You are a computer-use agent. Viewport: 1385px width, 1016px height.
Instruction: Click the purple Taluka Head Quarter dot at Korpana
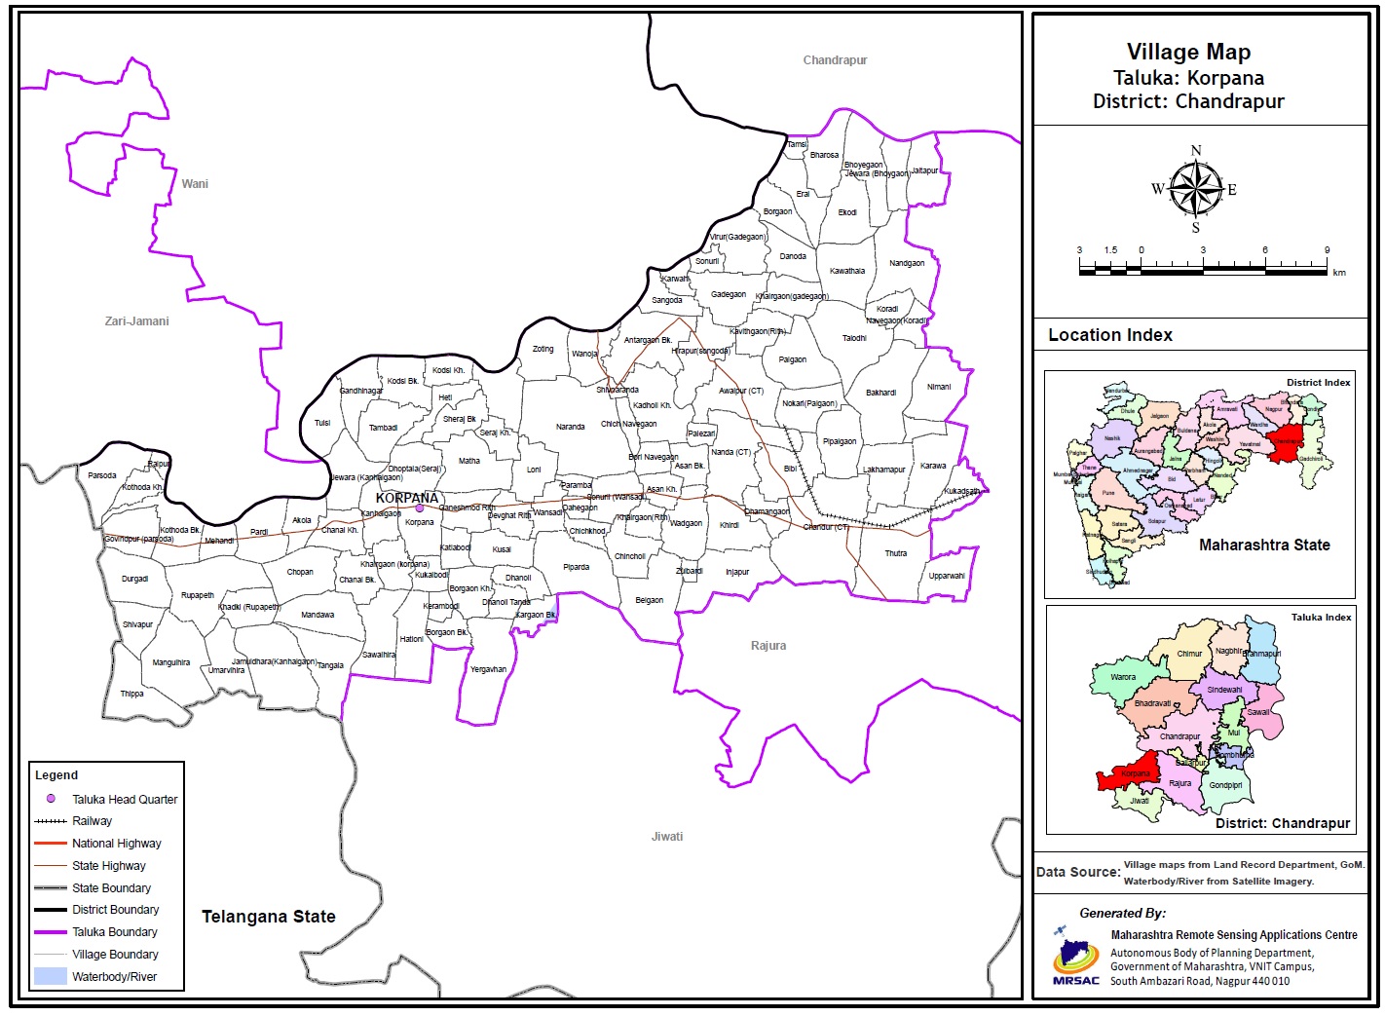(420, 508)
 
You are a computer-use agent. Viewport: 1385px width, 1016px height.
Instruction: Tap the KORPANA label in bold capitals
(407, 498)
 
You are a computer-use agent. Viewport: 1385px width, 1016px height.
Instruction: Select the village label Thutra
(896, 553)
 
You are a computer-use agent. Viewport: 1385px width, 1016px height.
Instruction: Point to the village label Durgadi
(135, 579)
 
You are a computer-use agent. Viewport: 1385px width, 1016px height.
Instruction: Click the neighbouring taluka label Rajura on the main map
(768, 646)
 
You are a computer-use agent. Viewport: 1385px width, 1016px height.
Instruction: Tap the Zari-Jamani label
(137, 320)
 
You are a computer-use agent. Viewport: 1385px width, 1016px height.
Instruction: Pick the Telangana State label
(269, 917)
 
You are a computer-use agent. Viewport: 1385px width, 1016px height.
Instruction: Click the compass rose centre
(1196, 189)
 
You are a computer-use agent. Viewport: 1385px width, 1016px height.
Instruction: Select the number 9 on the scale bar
(1327, 250)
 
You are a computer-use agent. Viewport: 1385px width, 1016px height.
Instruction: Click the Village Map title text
(1188, 53)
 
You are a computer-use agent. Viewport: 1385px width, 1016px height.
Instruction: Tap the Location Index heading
(1110, 335)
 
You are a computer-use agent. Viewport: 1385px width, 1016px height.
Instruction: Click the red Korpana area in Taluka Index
(1130, 775)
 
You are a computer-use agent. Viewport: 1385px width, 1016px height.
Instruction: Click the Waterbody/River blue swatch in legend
(51, 976)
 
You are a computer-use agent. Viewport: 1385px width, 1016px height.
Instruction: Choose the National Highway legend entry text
(117, 844)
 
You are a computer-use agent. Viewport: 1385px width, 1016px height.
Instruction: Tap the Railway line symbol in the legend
(51, 821)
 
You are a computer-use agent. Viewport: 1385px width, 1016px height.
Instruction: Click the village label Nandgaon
(907, 263)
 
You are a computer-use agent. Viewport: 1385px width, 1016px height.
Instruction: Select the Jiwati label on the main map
(667, 837)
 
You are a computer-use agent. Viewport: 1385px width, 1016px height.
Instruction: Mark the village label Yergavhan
(488, 669)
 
